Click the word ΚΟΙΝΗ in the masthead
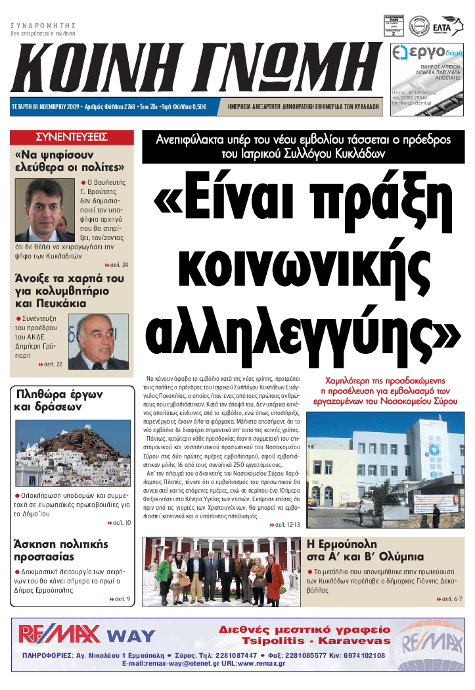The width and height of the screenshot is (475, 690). (92, 68)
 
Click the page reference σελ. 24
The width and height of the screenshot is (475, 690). (117, 265)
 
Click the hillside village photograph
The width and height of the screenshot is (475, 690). (73, 453)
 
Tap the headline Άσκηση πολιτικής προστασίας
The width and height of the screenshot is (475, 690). (60, 551)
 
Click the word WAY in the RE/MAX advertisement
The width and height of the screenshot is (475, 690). (131, 635)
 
